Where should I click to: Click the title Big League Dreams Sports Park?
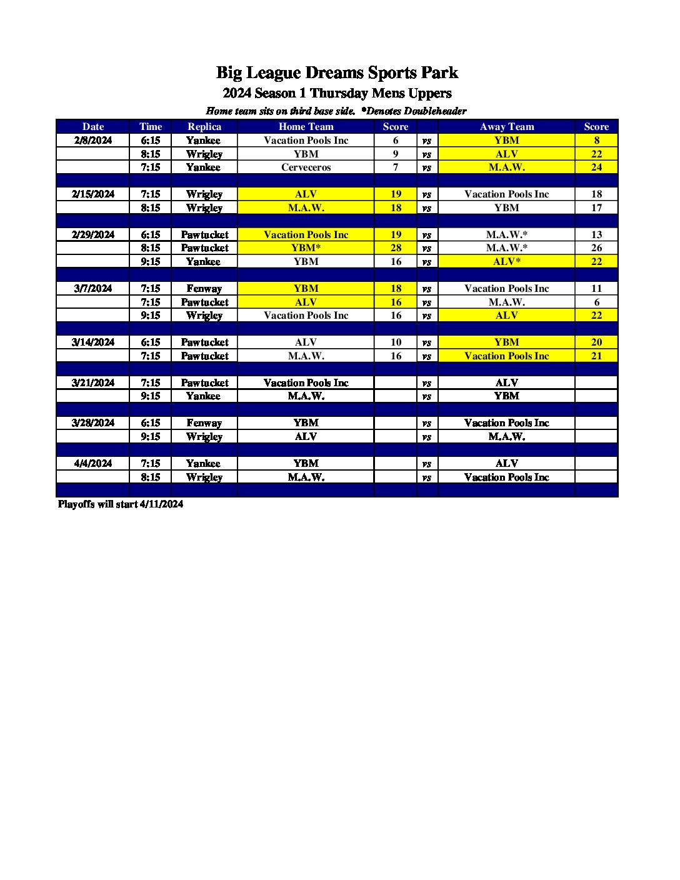[x=337, y=73]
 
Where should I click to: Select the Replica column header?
[x=204, y=127]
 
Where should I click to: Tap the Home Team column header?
[x=306, y=127]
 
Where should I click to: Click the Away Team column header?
[x=506, y=127]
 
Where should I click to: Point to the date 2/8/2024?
[x=93, y=141]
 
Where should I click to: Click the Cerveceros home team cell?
[x=306, y=167]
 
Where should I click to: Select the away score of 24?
[x=596, y=167]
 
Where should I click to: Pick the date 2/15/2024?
[x=93, y=194]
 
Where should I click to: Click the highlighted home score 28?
[x=396, y=248]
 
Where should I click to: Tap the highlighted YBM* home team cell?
[x=306, y=248]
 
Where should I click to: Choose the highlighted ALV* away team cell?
[x=506, y=262]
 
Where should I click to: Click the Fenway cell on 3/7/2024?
[x=204, y=289]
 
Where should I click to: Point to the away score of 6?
[x=596, y=302]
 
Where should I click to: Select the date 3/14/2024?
[x=93, y=342]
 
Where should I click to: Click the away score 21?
[x=596, y=356]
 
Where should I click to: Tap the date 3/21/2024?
[x=93, y=383]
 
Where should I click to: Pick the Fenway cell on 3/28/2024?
[x=204, y=423]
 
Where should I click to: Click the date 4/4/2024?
[x=93, y=464]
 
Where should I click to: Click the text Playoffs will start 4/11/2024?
[x=121, y=504]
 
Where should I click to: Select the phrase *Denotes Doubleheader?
[x=414, y=111]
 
